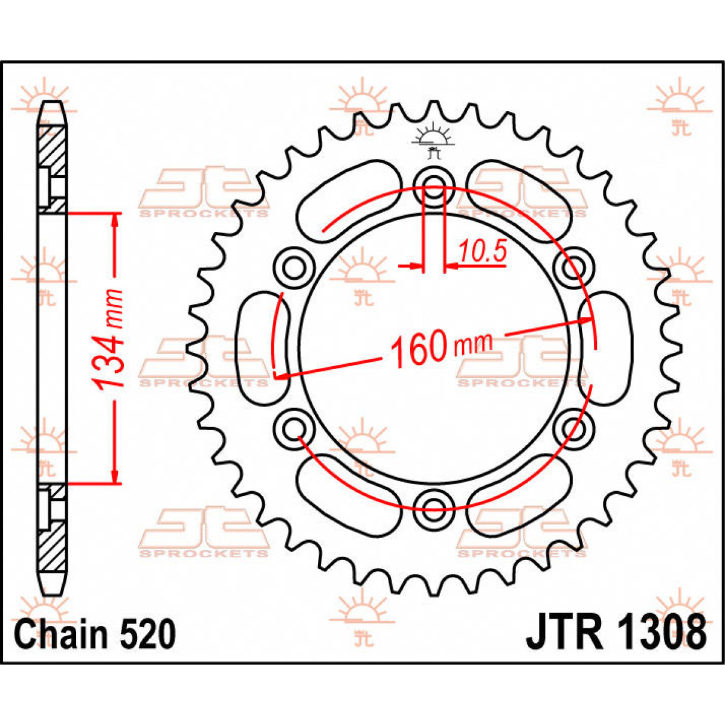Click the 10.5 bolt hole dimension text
tap(482, 252)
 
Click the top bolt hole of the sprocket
tap(434, 186)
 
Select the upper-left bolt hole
tap(295, 265)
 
